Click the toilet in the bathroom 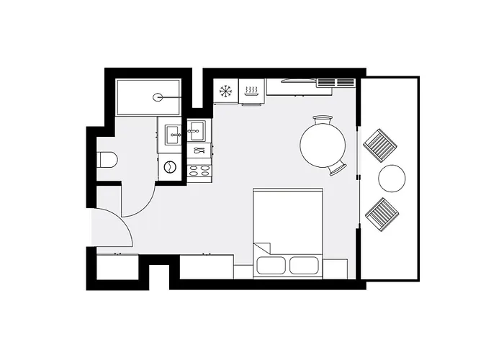point(107,159)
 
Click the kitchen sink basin point(198,130)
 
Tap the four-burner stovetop point(199,171)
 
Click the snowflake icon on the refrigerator point(225,91)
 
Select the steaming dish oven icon point(251,91)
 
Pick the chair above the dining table point(323,120)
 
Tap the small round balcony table point(393,179)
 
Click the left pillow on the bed point(271,265)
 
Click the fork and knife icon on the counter point(199,151)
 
